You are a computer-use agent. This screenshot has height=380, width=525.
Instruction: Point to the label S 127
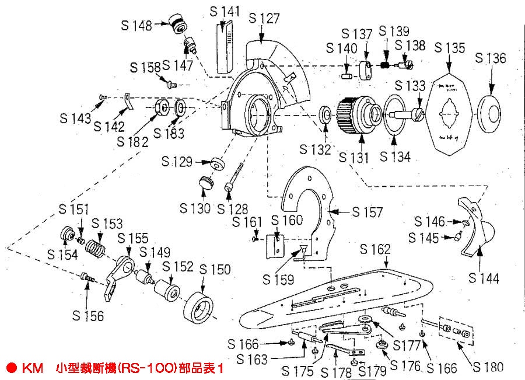264,18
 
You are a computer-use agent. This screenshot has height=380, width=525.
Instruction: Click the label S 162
375,250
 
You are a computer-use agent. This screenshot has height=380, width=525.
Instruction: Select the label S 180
488,367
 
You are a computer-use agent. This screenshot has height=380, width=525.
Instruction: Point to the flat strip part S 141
224,47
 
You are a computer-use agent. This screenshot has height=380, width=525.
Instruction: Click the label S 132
315,149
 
